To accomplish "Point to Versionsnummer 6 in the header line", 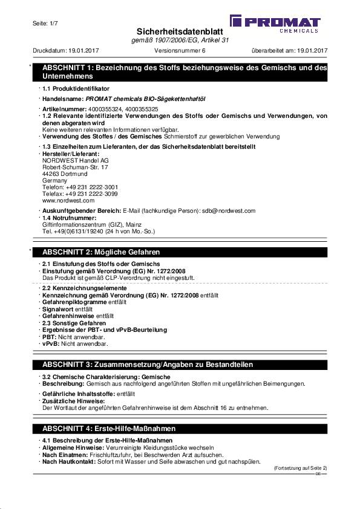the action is point(180,51).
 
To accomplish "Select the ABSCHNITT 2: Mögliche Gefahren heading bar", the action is point(185,251).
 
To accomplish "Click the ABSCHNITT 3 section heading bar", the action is point(185,365).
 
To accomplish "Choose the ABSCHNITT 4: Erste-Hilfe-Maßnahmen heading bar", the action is point(185,428).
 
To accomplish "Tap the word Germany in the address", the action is point(54,180).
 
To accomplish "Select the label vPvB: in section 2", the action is point(50,343).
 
